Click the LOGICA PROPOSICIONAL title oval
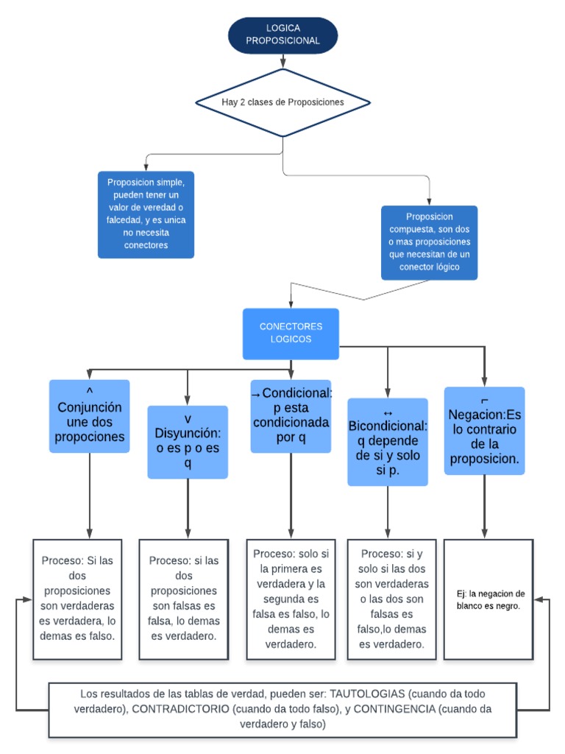point(283,35)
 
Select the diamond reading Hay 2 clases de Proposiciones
point(283,102)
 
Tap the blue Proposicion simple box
point(146,214)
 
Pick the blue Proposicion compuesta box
point(429,242)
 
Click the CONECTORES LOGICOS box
point(291,333)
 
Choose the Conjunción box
point(89,415)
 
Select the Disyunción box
point(188,441)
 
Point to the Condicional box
point(291,415)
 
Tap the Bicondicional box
point(388,441)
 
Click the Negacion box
point(484,431)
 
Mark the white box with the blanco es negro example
point(488,599)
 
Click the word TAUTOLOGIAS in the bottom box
point(367,694)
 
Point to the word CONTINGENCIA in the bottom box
point(397,709)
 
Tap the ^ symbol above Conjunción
point(89,391)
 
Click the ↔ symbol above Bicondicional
point(388,412)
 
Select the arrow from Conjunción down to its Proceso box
point(90,495)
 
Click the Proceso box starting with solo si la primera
point(291,599)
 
